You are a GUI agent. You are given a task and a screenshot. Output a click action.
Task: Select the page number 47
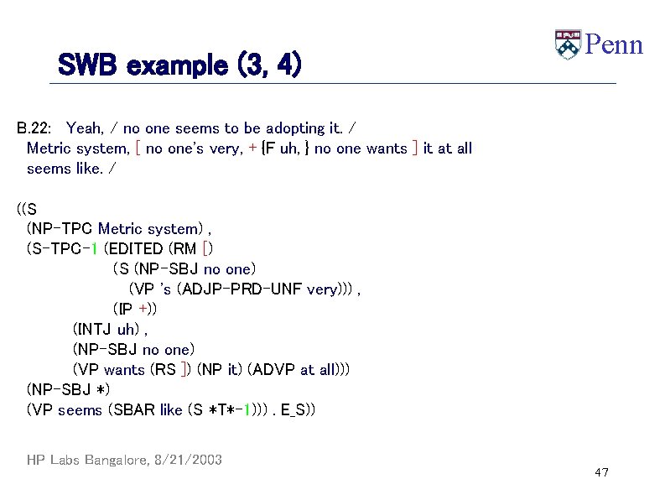pos(600,473)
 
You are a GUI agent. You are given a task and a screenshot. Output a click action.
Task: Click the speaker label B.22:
pos(34,128)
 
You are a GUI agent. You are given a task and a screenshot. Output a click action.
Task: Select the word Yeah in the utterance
pos(83,128)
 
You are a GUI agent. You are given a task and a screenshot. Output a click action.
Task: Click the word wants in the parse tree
pos(124,369)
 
